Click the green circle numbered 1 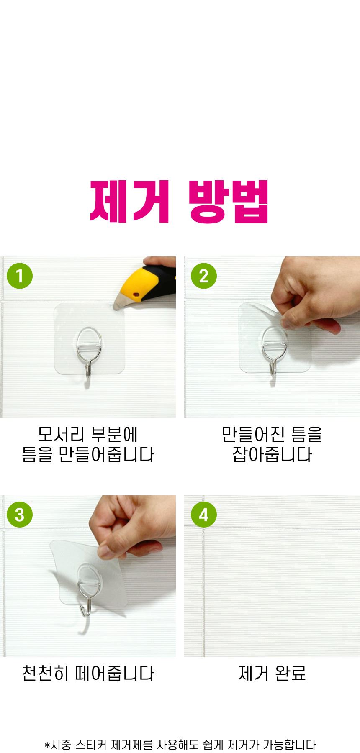coord(20,276)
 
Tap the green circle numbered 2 coord(203,276)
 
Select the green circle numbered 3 coord(20,515)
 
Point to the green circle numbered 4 coord(203,515)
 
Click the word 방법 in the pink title coord(229,202)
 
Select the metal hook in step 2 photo coord(274,351)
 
